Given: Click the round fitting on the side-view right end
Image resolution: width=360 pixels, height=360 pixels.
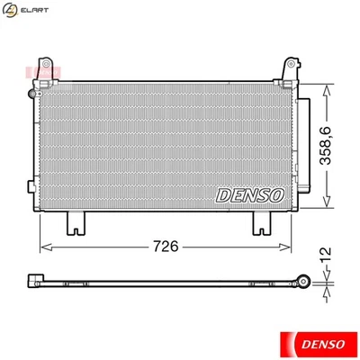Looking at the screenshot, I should coord(305,283).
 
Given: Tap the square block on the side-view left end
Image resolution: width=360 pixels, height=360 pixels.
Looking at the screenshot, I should coord(35,280).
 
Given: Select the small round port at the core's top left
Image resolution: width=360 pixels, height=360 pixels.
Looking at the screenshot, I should coord(34,94).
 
